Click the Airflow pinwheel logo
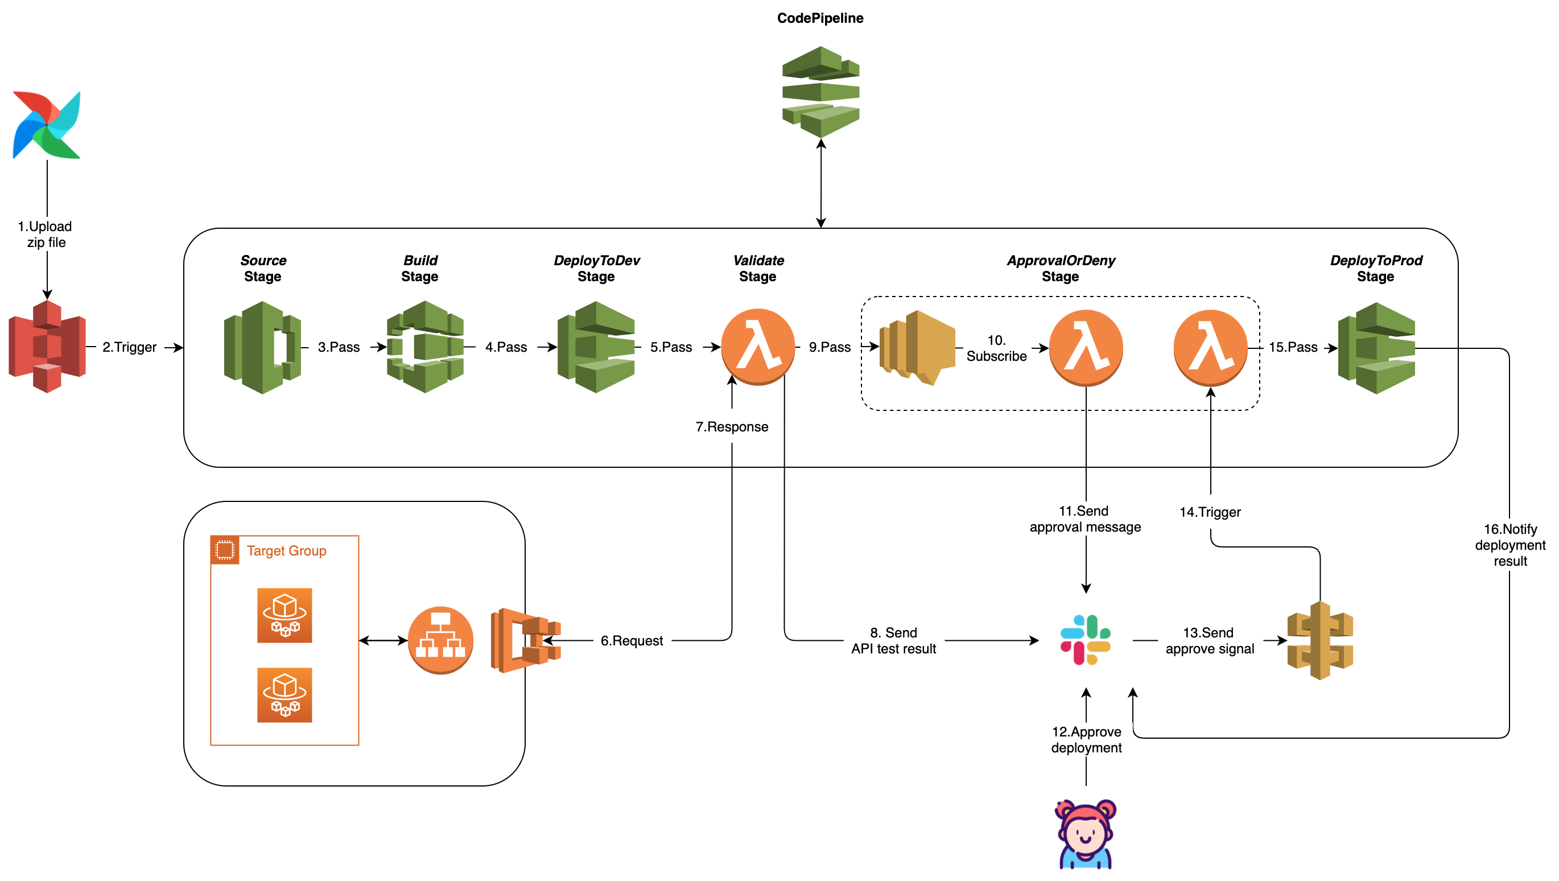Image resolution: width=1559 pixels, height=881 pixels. (47, 125)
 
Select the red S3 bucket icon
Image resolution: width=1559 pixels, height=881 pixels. (47, 347)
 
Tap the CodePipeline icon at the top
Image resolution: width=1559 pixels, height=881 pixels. (820, 92)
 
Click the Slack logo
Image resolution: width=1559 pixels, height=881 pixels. (1086, 640)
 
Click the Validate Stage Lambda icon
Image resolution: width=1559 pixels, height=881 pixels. (758, 347)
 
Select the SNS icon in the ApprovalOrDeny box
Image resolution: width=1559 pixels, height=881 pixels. (917, 348)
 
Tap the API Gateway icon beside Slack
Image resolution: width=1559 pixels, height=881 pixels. (1320, 641)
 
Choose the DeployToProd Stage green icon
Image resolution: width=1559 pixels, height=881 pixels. (1376, 348)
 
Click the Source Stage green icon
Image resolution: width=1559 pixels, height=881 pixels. (263, 348)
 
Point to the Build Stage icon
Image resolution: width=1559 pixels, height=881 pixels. (426, 347)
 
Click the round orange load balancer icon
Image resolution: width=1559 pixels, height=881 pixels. (440, 640)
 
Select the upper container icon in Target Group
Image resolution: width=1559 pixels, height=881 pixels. (284, 615)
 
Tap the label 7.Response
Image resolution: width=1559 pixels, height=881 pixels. (732, 427)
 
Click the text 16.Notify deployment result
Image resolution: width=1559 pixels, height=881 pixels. (1510, 545)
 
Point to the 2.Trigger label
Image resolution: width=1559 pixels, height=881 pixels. (130, 347)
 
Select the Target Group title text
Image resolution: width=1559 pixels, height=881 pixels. (286, 550)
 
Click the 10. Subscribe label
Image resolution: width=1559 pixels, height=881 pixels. (996, 348)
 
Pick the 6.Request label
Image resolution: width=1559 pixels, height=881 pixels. (631, 641)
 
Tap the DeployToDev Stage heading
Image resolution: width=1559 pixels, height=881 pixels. (596, 268)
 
